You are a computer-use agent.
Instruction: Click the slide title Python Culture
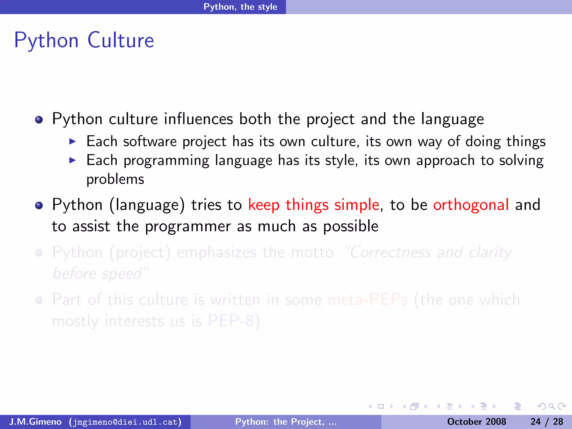coord(84,40)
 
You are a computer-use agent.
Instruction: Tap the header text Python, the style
coord(240,7)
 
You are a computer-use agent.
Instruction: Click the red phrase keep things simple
coord(314,205)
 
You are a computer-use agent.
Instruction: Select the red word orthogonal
coord(471,205)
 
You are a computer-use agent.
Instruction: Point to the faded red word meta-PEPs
coord(368,300)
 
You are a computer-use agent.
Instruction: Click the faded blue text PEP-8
coord(231,321)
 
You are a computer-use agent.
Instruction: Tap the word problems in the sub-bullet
coord(115,179)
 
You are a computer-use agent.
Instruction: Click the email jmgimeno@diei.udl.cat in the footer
coord(125,422)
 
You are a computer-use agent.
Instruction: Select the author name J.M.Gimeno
coord(35,422)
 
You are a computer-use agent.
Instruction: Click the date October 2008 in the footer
coord(476,422)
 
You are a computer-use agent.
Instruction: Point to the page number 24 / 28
coord(547,422)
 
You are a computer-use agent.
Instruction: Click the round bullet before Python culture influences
coord(39,120)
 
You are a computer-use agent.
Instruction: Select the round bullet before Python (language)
coord(39,206)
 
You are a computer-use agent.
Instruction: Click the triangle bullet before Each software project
coord(73,141)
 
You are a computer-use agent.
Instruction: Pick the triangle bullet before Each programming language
coord(73,160)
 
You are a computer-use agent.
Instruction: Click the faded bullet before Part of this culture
coord(39,301)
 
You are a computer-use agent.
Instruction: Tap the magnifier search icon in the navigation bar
coord(552,406)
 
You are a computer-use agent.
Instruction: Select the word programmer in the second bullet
coord(188,226)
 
